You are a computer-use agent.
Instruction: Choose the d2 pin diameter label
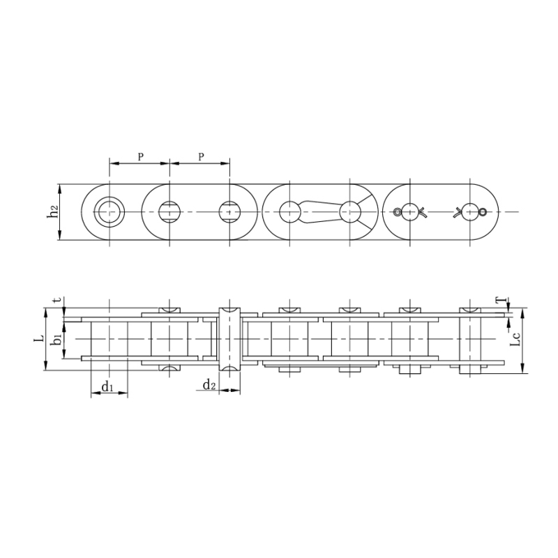tap(208, 386)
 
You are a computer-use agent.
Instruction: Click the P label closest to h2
tap(140, 157)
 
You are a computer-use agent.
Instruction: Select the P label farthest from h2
tap(201, 157)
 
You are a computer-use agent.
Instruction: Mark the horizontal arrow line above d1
tap(109, 394)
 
